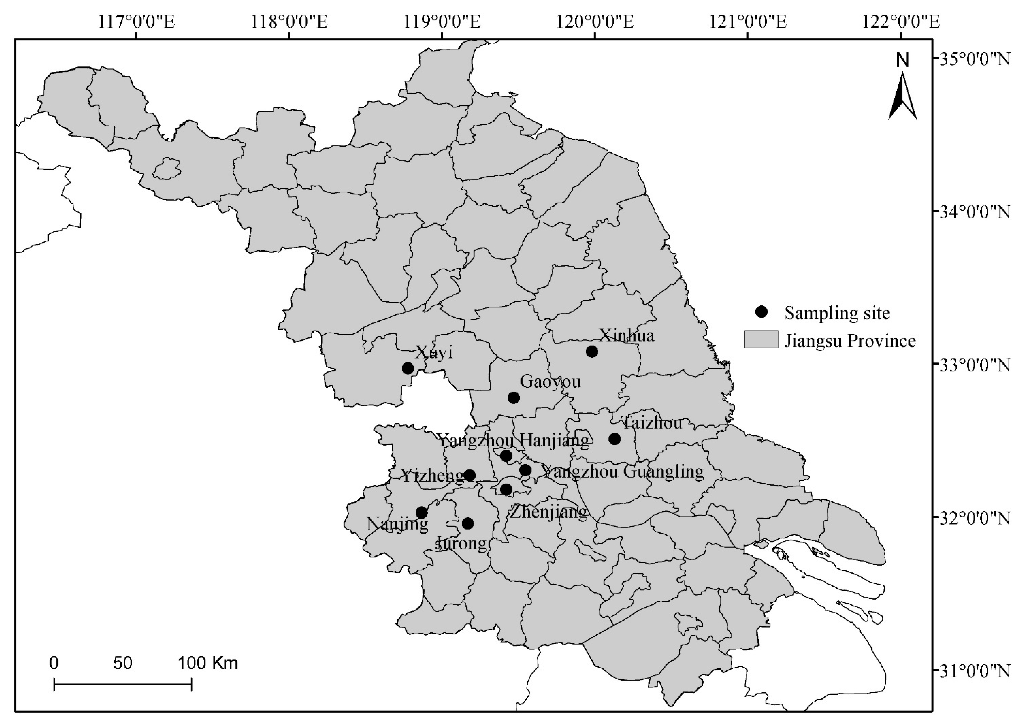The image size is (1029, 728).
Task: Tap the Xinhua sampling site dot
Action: point(592,351)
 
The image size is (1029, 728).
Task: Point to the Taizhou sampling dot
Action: point(615,439)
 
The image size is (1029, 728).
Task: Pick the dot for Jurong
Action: point(468,523)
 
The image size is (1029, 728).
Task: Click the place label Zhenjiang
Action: point(548,512)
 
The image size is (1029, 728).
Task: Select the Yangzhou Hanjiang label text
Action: point(513,440)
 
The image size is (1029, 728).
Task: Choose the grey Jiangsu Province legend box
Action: point(761,340)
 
